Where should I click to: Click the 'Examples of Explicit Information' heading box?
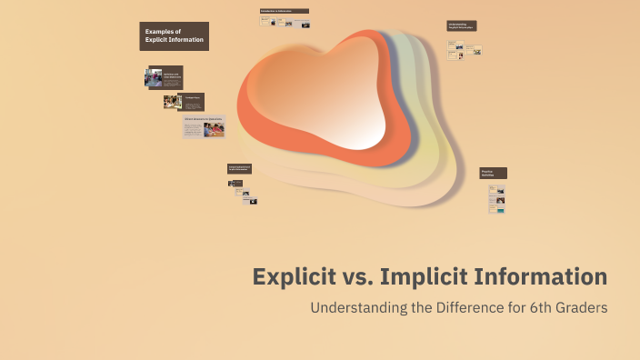pos(174,36)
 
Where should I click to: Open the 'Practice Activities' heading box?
pos(493,173)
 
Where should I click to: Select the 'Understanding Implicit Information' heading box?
pos(461,26)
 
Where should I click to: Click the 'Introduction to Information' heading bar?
pos(284,11)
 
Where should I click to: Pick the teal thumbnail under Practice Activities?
pos(498,210)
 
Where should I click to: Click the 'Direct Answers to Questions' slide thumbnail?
pos(204,126)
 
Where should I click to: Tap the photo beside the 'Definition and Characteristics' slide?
pos(153,78)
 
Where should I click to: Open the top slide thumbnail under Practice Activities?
pos(496,190)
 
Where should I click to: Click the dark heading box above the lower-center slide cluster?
pos(239,168)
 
